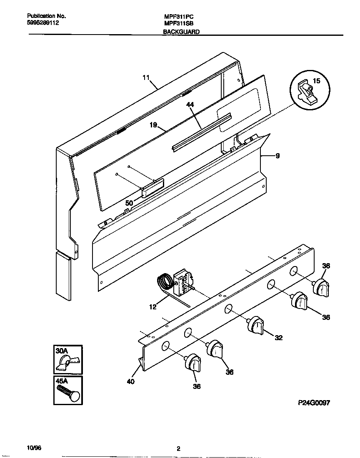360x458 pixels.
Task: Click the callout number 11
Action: tap(145, 77)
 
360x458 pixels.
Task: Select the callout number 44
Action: tap(190, 106)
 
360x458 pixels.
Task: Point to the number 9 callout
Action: tap(277, 156)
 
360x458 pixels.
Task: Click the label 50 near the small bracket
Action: tap(129, 203)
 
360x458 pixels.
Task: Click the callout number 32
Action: tap(279, 338)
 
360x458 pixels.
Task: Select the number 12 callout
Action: tap(152, 307)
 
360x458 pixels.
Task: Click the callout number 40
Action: tap(130, 381)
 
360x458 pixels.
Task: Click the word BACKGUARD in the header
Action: tap(181, 32)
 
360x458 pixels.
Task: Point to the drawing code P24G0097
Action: tap(314, 403)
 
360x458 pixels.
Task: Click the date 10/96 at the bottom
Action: tap(34, 448)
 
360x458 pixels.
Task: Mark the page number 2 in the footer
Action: tap(178, 449)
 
